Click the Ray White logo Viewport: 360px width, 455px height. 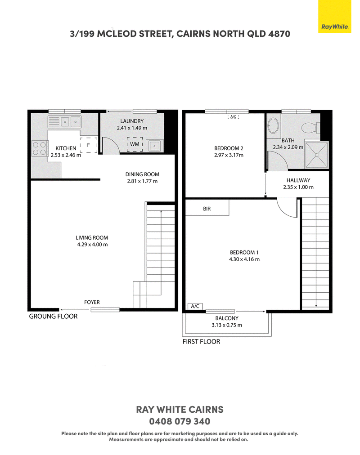tap(334, 16)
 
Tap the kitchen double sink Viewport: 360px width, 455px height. tap(64, 121)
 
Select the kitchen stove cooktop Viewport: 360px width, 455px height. tap(40, 148)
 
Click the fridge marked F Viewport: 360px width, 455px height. tap(89, 145)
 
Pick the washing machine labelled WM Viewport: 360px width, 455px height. tap(135, 144)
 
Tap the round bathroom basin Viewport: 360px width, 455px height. tap(273, 125)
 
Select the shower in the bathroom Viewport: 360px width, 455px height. tap(317, 155)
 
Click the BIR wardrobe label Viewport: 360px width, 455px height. tap(207, 209)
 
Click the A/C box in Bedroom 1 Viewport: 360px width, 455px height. tap(195, 306)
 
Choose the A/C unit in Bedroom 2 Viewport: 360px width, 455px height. tap(233, 116)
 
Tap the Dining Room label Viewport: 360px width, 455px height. tap(142, 174)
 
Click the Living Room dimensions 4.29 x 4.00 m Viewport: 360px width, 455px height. tap(92, 245)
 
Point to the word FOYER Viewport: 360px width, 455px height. tap(92, 302)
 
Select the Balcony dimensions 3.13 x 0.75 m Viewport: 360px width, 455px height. tap(227, 325)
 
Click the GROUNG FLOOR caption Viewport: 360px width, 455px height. tap(54, 316)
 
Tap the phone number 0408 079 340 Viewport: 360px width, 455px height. tap(180, 421)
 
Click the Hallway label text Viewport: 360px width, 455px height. tap(298, 180)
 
